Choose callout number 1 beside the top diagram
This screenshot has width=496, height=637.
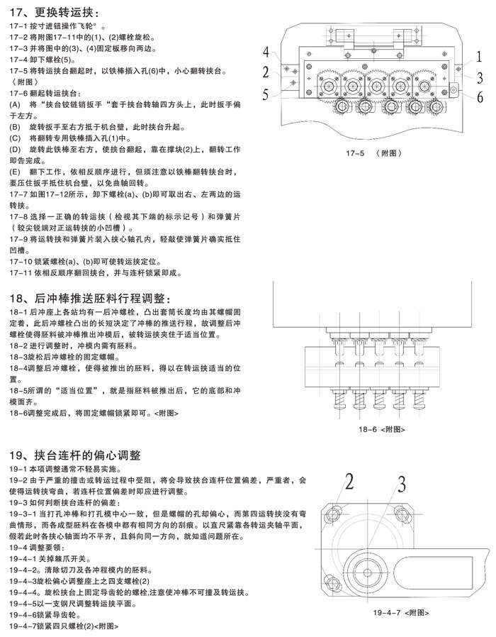pos(479,56)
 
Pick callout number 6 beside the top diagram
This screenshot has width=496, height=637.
pos(480,98)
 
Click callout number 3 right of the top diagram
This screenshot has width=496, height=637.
pos(480,77)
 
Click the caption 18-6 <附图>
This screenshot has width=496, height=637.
pos(382,429)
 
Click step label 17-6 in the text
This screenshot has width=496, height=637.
pos(20,94)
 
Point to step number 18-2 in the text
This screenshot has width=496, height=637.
pos(20,345)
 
